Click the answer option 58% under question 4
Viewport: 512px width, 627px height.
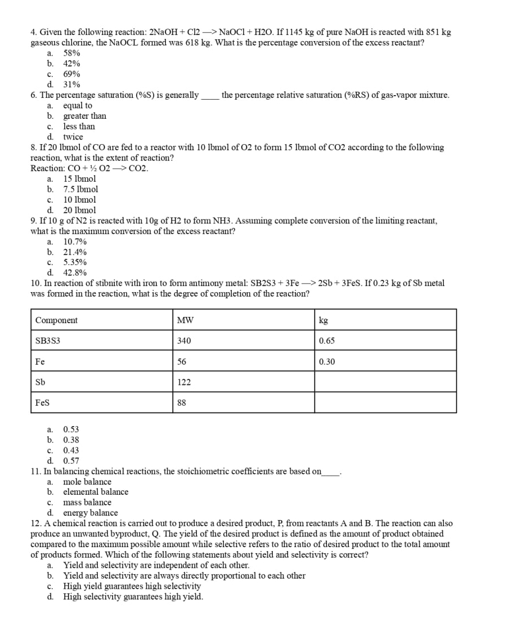71,53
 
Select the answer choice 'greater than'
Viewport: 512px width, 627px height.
84,116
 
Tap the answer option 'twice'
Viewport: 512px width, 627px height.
73,137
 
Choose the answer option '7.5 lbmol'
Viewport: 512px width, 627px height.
80,189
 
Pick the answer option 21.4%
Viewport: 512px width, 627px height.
75,252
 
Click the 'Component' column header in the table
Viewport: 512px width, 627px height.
56,320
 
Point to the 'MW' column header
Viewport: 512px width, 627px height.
185,320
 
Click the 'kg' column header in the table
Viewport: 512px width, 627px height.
324,320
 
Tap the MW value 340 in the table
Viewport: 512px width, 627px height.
184,341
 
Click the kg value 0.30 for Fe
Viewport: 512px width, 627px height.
327,362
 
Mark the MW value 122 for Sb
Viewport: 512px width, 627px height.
184,382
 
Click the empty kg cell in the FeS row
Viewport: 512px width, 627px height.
385,402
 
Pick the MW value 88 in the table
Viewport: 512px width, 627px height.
182,403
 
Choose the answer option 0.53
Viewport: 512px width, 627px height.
71,429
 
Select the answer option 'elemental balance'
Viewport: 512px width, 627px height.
96,492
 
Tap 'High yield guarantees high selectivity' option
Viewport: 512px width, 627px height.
132,586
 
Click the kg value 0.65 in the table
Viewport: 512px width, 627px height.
327,341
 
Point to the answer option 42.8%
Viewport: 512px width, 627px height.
75,273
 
